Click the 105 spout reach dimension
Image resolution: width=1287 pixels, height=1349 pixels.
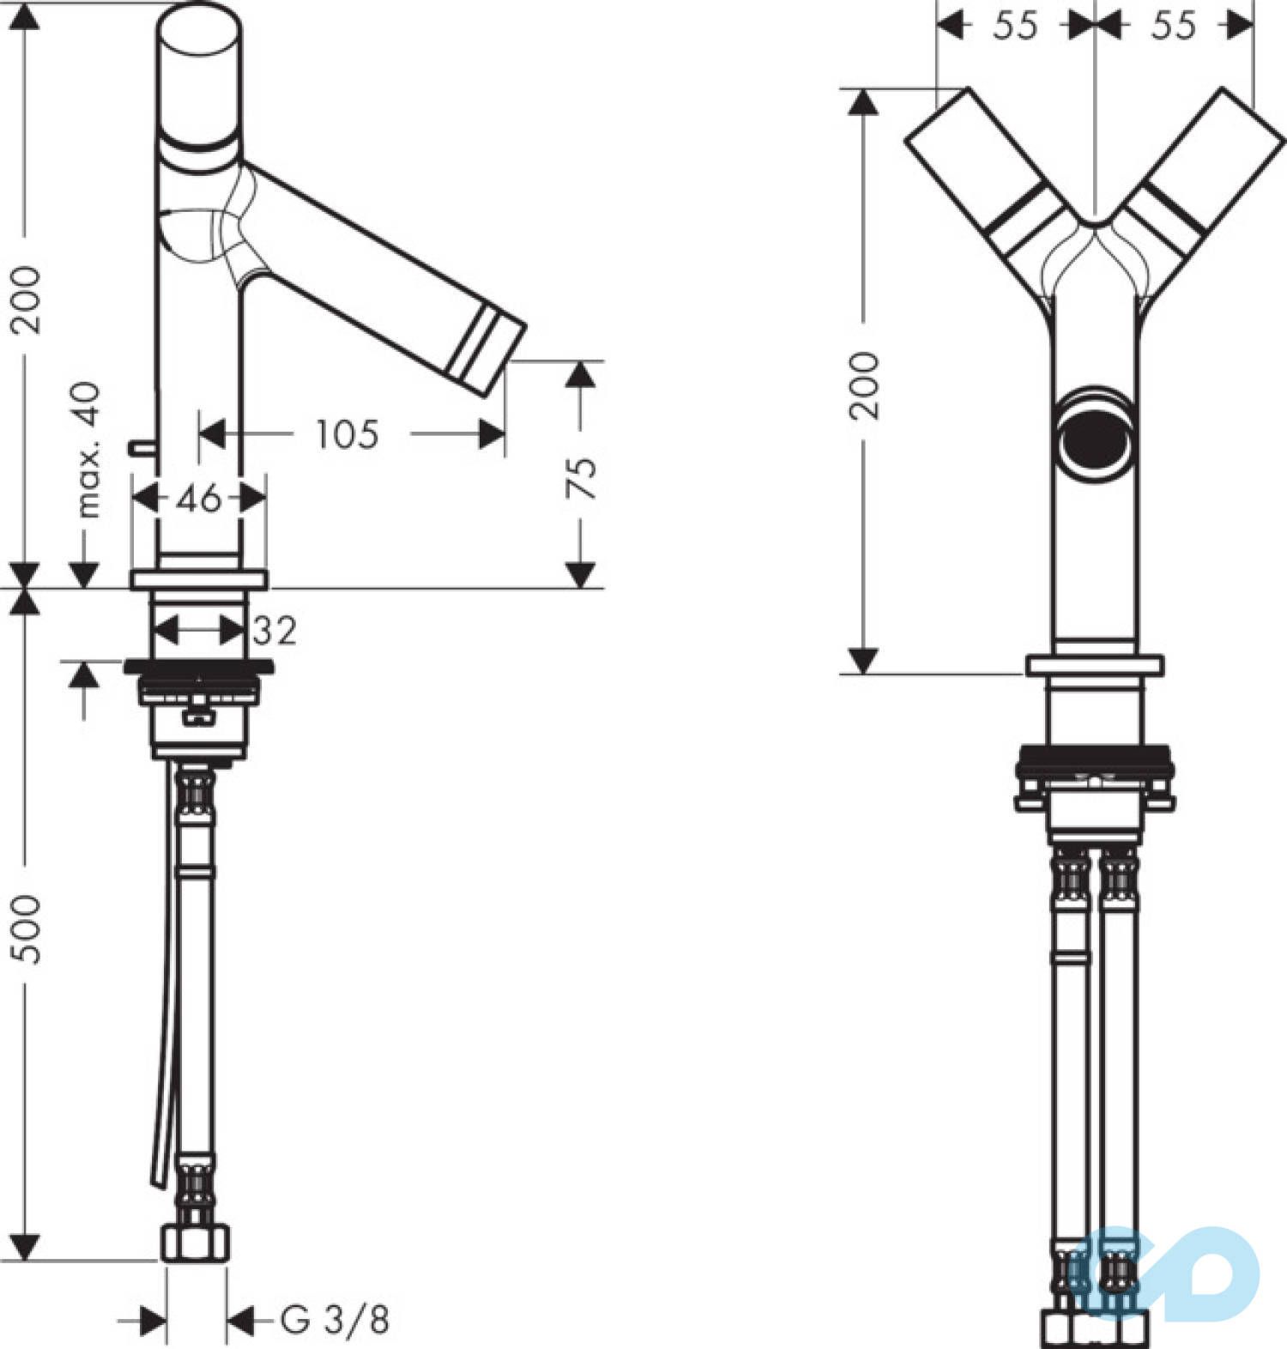[x=347, y=434]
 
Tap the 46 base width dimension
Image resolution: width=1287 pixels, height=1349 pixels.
[x=199, y=498]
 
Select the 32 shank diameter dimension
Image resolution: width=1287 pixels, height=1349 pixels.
[x=275, y=632]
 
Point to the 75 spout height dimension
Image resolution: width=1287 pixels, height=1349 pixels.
[x=583, y=477]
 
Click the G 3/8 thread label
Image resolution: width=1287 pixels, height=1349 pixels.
[x=335, y=1319]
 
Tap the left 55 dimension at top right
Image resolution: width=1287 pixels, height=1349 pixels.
[x=1015, y=26]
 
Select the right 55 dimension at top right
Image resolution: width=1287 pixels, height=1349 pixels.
[x=1173, y=26]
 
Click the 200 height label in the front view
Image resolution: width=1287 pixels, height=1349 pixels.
[x=865, y=384]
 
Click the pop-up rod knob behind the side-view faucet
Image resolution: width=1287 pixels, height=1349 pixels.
[x=139, y=446]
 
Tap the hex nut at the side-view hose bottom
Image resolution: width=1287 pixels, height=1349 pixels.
[x=196, y=1242]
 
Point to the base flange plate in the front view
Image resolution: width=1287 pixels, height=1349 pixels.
[x=1096, y=666]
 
